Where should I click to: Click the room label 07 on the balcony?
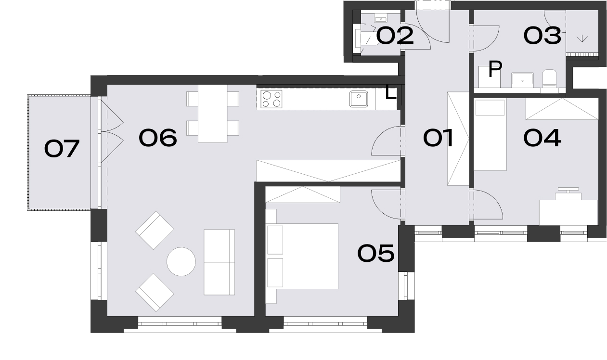(x=62, y=148)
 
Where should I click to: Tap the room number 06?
(x=158, y=138)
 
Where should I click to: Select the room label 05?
(x=376, y=253)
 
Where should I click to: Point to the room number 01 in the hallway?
(x=438, y=138)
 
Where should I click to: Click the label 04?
(x=542, y=138)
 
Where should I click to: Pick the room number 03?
(x=542, y=35)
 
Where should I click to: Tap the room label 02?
(x=395, y=35)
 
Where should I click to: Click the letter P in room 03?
(x=495, y=69)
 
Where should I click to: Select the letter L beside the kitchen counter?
(x=391, y=92)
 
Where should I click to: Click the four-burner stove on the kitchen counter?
(x=271, y=99)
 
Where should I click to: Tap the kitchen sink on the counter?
(x=359, y=99)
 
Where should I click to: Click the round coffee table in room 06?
(x=181, y=262)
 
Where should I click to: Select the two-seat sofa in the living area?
(x=219, y=262)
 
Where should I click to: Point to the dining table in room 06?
(x=212, y=114)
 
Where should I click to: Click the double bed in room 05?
(x=302, y=256)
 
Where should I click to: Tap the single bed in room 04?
(x=490, y=134)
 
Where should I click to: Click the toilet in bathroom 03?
(x=549, y=78)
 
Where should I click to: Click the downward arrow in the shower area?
(x=582, y=39)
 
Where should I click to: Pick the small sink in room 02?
(x=381, y=18)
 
